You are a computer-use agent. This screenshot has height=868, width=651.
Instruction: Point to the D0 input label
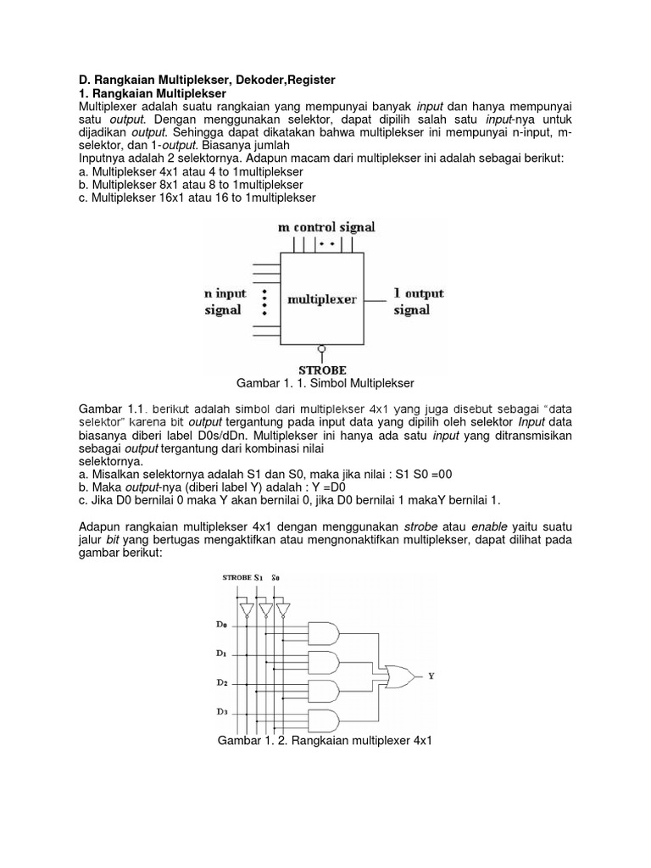(x=220, y=625)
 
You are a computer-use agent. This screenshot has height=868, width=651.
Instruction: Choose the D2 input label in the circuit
(x=220, y=682)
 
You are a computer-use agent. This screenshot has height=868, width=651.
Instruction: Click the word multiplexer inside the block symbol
(x=322, y=299)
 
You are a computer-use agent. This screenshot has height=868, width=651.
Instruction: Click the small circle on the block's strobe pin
(x=321, y=348)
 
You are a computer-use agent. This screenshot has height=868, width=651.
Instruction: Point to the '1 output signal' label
(x=418, y=301)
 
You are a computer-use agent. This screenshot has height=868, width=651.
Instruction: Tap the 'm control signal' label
(x=326, y=227)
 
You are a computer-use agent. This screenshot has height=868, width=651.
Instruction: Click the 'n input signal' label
(x=225, y=301)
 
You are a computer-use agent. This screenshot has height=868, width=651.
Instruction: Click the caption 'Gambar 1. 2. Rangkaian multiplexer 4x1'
(x=325, y=741)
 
